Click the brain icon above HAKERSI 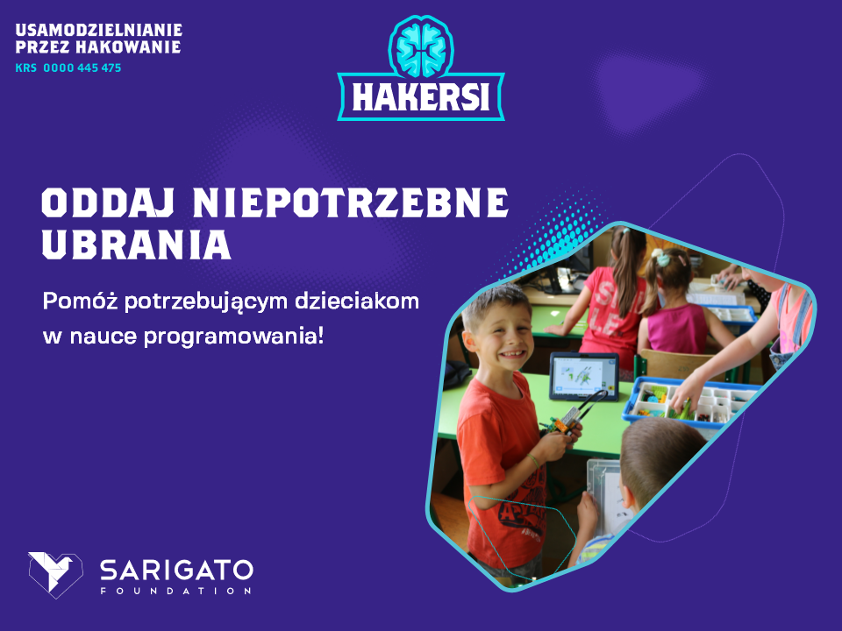[421, 47]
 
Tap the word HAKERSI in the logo [421, 97]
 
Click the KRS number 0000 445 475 [82, 68]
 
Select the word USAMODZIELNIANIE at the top [99, 30]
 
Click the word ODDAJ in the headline [108, 202]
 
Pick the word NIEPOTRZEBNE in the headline [351, 202]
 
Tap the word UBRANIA [137, 245]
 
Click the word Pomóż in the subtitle [80, 301]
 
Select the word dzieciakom [357, 301]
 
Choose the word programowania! [234, 337]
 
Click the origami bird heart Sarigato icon [55, 574]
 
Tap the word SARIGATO [176, 570]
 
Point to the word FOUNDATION [175, 591]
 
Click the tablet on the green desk [584, 376]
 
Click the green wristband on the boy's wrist [532, 460]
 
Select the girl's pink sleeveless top [676, 329]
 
